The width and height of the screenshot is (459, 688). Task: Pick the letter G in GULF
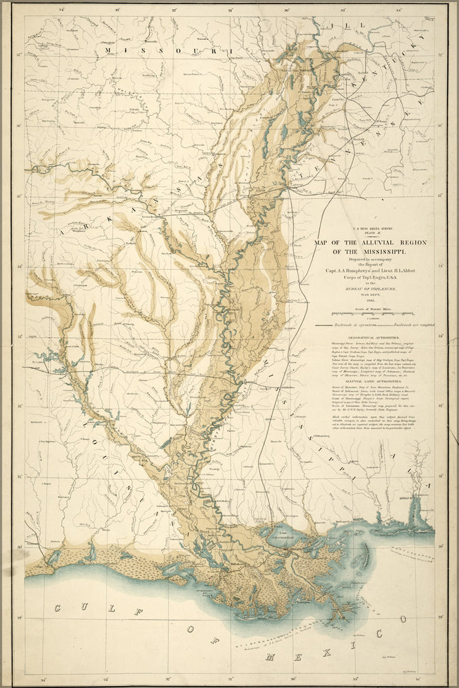[58, 609]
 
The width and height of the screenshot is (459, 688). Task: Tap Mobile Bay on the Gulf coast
[415, 513]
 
